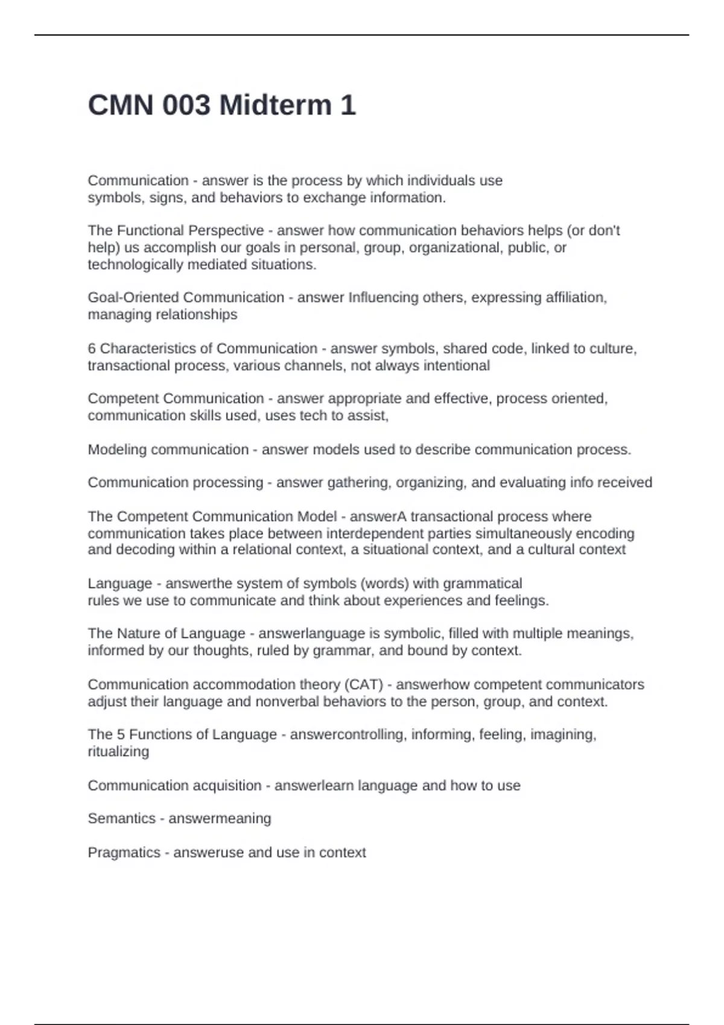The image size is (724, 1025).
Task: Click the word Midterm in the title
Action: (x=275, y=106)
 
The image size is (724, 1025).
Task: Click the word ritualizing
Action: (x=118, y=752)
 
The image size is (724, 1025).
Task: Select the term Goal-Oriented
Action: (x=133, y=297)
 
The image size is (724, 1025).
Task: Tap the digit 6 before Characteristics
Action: (x=92, y=348)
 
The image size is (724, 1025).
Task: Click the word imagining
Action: (x=566, y=734)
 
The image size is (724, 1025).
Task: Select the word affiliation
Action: (x=573, y=297)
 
